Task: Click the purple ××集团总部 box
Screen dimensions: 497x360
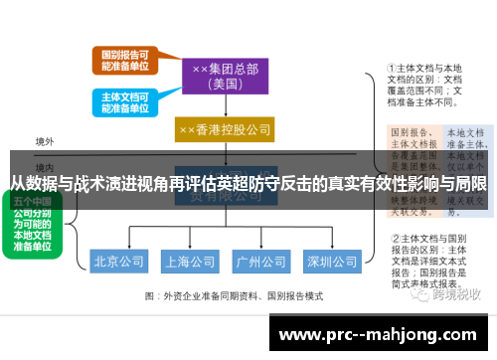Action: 225,75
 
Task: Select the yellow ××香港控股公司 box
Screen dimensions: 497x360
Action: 225,129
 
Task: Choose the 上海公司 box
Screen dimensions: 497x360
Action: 190,263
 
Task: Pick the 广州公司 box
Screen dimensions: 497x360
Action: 259,263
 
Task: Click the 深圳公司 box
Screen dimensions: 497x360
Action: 331,263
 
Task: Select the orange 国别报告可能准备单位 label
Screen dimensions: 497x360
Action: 122,60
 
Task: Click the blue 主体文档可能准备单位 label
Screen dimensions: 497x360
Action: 122,103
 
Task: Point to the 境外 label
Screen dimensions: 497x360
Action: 44,142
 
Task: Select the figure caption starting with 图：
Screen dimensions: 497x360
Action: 234,295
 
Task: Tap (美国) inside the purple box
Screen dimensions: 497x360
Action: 225,85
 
